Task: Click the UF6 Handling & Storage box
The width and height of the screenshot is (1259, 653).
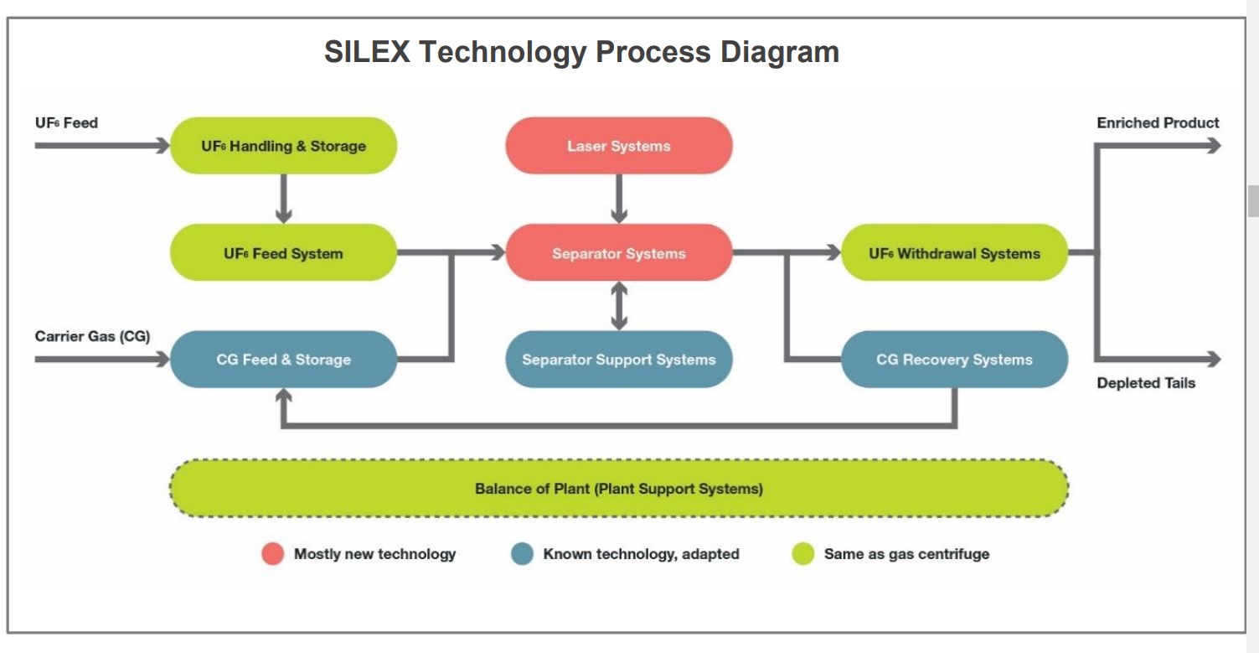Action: click(x=283, y=146)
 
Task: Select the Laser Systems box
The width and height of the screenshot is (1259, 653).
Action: click(x=619, y=146)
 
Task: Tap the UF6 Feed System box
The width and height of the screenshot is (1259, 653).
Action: click(x=283, y=253)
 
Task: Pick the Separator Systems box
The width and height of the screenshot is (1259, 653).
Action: click(x=619, y=253)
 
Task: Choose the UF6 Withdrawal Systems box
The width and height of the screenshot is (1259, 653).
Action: click(x=954, y=253)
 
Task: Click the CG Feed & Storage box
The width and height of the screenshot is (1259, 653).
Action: click(x=283, y=360)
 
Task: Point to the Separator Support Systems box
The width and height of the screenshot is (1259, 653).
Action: click(x=619, y=360)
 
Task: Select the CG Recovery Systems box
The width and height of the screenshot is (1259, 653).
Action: click(x=954, y=360)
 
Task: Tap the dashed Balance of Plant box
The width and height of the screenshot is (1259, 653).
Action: click(x=619, y=488)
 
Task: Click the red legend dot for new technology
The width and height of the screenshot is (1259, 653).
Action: click(x=273, y=554)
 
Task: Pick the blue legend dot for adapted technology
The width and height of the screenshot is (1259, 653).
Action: click(x=522, y=554)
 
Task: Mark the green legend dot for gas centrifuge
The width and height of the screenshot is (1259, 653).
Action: click(x=803, y=554)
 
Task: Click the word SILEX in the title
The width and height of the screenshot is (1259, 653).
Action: click(x=367, y=52)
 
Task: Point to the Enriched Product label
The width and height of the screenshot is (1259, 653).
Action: click(x=1158, y=123)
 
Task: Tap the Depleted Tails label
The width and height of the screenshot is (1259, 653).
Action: click(x=1146, y=383)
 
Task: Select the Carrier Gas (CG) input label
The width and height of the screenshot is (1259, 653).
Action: click(x=92, y=337)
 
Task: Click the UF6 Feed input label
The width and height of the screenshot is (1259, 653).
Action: click(x=66, y=123)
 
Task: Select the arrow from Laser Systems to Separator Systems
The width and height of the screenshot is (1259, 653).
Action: click(x=619, y=199)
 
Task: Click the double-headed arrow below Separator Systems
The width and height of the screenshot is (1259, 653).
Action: click(x=619, y=306)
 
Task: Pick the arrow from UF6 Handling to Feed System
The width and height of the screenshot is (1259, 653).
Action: click(x=283, y=199)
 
